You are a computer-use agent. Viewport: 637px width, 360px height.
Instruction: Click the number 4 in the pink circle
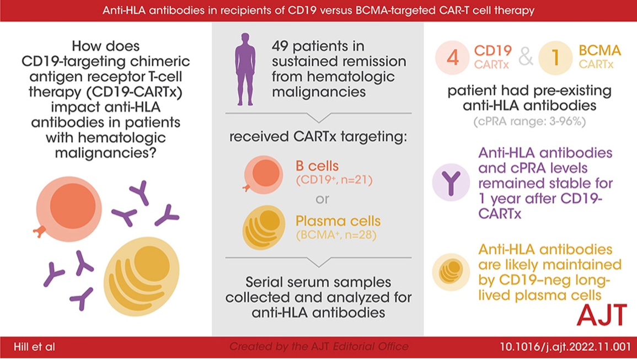(x=452, y=58)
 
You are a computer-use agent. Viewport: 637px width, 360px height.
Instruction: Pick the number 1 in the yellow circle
(x=555, y=58)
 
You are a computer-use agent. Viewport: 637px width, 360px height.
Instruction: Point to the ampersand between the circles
(x=526, y=57)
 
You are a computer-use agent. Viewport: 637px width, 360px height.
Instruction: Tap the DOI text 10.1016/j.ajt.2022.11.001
(x=565, y=347)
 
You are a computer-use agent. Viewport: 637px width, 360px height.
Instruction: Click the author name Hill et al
(x=34, y=347)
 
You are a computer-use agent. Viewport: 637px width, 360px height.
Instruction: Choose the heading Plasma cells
(x=338, y=221)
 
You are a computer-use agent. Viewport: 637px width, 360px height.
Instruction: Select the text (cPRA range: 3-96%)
(x=530, y=122)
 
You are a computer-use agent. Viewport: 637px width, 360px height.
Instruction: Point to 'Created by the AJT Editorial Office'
(x=319, y=347)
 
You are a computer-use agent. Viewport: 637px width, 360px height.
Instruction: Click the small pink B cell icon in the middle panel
(x=264, y=173)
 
